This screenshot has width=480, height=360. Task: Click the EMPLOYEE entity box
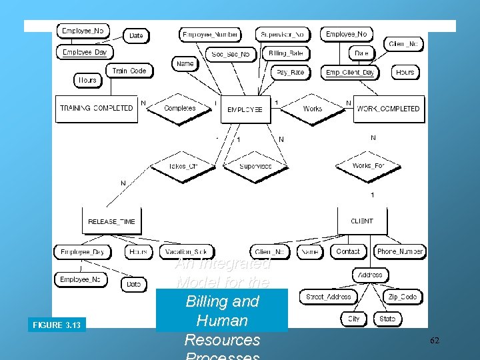pyautogui.click(x=246, y=109)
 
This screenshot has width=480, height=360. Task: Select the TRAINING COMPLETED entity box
pyautogui.click(x=97, y=108)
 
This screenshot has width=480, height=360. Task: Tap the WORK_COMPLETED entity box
pyautogui.click(x=389, y=108)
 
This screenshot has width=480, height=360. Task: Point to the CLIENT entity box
pyautogui.click(x=362, y=221)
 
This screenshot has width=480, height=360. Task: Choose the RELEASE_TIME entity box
pyautogui.click(x=111, y=221)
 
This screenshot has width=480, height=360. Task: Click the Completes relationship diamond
pyautogui.click(x=179, y=108)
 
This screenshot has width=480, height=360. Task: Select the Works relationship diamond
pyautogui.click(x=312, y=108)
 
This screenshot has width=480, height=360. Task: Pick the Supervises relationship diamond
pyautogui.click(x=255, y=165)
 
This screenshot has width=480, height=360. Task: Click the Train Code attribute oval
pyautogui.click(x=129, y=71)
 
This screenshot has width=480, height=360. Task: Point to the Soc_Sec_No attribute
pyautogui.click(x=231, y=54)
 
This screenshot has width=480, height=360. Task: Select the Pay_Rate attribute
pyautogui.click(x=290, y=72)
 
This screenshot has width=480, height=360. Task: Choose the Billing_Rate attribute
pyautogui.click(x=285, y=53)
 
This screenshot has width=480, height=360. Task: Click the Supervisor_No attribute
pyautogui.click(x=282, y=34)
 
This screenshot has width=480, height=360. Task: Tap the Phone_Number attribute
pyautogui.click(x=400, y=251)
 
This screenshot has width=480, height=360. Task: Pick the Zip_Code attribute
pyautogui.click(x=402, y=297)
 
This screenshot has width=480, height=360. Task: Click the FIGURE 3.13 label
pyautogui.click(x=57, y=325)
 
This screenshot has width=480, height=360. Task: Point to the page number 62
pyautogui.click(x=434, y=341)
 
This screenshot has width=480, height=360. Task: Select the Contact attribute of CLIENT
pyautogui.click(x=348, y=251)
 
